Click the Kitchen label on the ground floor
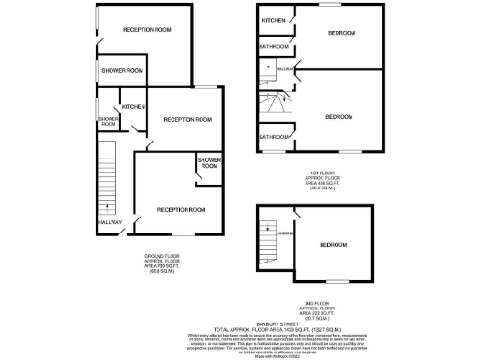(133, 106)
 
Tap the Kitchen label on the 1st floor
(274, 20)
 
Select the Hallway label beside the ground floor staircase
(110, 222)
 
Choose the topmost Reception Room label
(147, 30)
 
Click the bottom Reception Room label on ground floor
(181, 209)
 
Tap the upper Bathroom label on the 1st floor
(274, 46)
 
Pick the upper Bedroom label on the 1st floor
(340, 34)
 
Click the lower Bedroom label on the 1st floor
(338, 116)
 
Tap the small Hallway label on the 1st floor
(285, 68)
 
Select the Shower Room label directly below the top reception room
(123, 70)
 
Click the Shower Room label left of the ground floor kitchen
(107, 121)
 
